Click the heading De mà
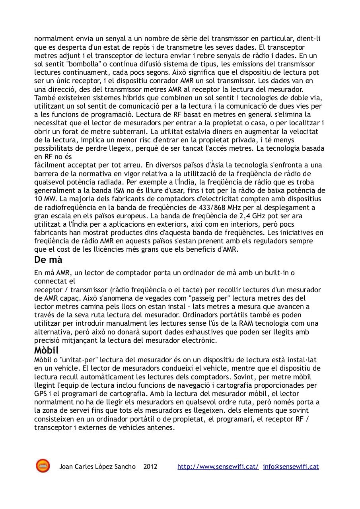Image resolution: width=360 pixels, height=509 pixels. point(48,260)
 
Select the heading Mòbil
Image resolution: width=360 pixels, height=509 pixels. point(46,350)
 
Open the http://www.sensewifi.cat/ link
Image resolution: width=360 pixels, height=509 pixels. point(218,466)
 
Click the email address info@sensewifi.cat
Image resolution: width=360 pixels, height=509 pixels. point(291,466)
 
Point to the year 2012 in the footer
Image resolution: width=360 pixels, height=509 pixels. point(150,466)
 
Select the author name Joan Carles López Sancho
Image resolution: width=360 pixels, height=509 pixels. point(97,466)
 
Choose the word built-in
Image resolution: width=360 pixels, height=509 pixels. point(275,273)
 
